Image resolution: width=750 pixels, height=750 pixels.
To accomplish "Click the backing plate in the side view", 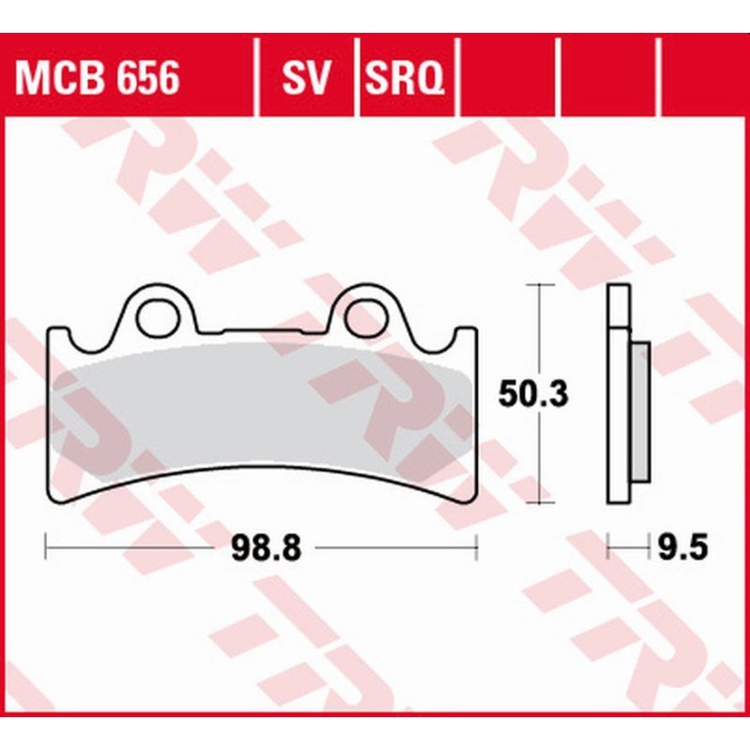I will pyautogui.click(x=618, y=394).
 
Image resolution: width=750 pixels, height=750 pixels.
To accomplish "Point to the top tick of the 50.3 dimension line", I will pyautogui.click(x=539, y=283).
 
